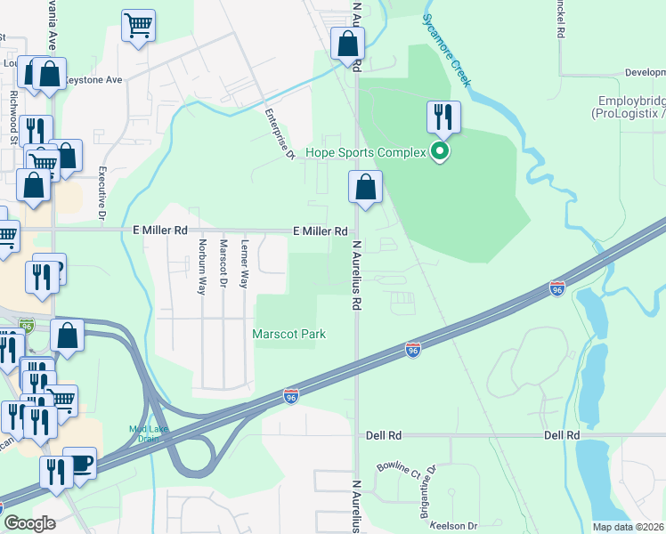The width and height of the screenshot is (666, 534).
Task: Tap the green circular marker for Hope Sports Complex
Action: (439, 152)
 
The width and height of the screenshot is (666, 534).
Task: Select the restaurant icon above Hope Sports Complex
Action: (443, 117)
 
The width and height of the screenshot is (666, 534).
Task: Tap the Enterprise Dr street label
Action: (280, 133)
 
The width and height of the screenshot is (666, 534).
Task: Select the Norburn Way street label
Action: (202, 266)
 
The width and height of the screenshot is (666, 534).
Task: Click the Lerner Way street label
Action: (245, 263)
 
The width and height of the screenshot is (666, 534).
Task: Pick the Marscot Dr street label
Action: (223, 264)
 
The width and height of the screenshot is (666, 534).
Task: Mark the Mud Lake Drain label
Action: (148, 433)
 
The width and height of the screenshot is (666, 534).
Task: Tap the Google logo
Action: (29, 523)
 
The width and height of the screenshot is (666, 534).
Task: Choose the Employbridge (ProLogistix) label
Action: (629, 108)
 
